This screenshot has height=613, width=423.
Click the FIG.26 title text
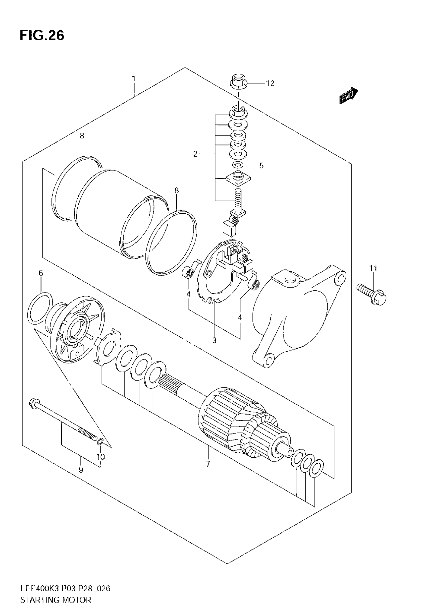coord(42,36)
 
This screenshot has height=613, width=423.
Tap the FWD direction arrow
coord(349,95)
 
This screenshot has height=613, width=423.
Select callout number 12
coord(270,83)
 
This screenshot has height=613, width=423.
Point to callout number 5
coord(261,166)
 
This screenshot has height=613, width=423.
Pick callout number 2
coord(195,154)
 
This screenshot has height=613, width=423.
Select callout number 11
coord(373,268)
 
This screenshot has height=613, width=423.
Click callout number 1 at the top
coord(134,79)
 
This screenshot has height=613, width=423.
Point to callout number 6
coord(41,273)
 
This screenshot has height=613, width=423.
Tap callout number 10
coord(101,457)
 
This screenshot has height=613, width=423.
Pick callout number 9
coord(81,470)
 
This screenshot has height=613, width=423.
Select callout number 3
coord(214,340)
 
